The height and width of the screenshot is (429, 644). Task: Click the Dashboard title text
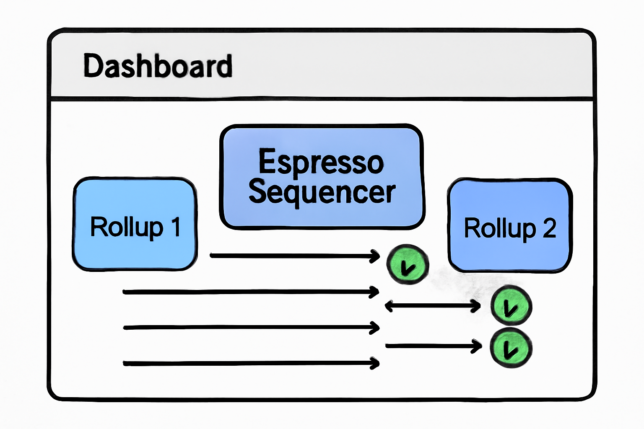pyautogui.click(x=158, y=66)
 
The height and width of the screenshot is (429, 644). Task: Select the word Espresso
pyautogui.click(x=321, y=162)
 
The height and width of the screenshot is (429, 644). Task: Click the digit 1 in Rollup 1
pyautogui.click(x=176, y=227)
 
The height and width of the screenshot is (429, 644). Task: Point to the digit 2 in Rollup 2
pyautogui.click(x=549, y=228)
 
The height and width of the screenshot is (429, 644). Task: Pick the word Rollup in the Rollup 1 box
pyautogui.click(x=126, y=227)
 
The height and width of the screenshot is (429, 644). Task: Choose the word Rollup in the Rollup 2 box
pyautogui.click(x=500, y=229)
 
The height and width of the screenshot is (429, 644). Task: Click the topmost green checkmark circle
pyautogui.click(x=408, y=265)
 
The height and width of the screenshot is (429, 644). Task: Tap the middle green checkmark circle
pyautogui.click(x=511, y=305)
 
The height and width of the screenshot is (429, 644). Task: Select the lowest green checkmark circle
pyautogui.click(x=511, y=348)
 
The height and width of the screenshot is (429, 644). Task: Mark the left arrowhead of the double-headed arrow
pyautogui.click(x=388, y=306)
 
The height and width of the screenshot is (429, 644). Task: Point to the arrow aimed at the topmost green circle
pyautogui.click(x=293, y=256)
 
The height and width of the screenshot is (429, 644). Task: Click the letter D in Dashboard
pyautogui.click(x=93, y=66)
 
